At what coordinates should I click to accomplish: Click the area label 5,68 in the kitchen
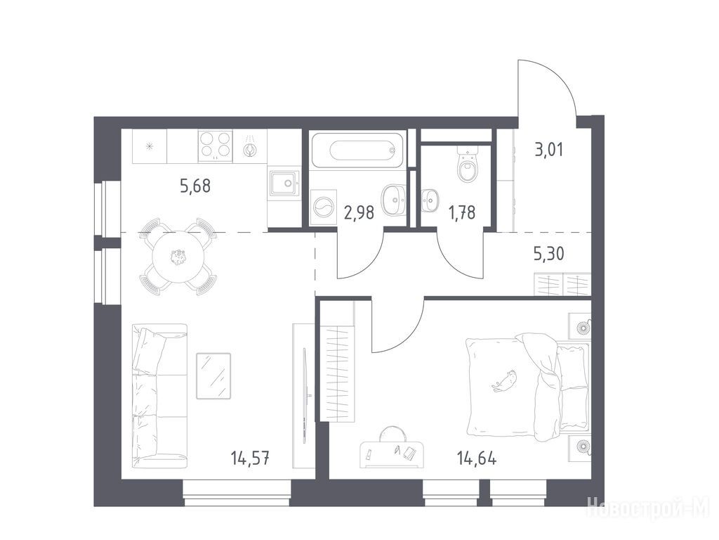[x=195, y=186]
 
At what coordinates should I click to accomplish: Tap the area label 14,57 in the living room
[x=250, y=458]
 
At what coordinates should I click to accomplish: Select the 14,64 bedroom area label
[x=477, y=458]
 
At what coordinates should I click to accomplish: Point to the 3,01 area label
[x=549, y=150]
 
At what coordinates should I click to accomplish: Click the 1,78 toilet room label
[x=462, y=212]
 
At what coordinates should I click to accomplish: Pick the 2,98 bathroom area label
[x=359, y=212]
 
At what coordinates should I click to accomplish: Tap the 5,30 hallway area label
[x=549, y=253]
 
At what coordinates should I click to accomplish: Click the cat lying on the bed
[x=505, y=381]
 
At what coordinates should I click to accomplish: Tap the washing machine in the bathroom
[x=324, y=207]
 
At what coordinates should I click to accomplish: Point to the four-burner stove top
[x=215, y=146]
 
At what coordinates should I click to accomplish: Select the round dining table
[x=178, y=257]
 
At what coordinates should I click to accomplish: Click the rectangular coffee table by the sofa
[x=213, y=375]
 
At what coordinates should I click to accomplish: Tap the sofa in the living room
[x=159, y=396]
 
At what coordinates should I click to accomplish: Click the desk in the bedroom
[x=392, y=454]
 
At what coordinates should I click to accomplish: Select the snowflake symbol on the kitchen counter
[x=149, y=146]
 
